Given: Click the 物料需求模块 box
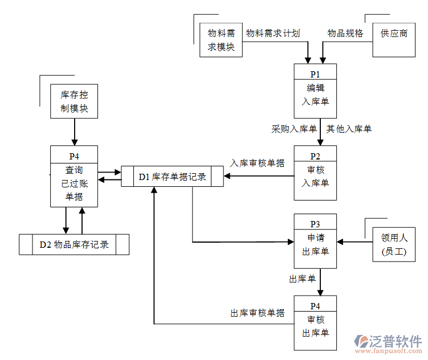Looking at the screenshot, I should pyautogui.click(x=221, y=40).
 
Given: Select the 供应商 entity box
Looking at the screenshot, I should pyautogui.click(x=394, y=40).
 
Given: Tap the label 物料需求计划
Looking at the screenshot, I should pyautogui.click(x=273, y=33).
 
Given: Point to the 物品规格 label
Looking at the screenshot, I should pyautogui.click(x=345, y=33).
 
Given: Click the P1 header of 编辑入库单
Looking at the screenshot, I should pyautogui.click(x=315, y=74).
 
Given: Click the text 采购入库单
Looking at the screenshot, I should pyautogui.click(x=294, y=129).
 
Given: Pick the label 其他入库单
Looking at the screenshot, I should pyautogui.click(x=349, y=129).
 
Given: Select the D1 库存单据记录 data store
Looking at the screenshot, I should pyautogui.click(x=173, y=177).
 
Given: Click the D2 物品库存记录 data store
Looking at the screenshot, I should pyautogui.click(x=74, y=245).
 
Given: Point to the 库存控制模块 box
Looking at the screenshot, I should pyautogui.click(x=74, y=101).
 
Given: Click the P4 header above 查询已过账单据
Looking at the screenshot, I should pyautogui.click(x=74, y=156).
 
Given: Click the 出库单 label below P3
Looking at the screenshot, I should pyautogui.click(x=302, y=279).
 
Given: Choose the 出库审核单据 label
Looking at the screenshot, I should pyautogui.click(x=257, y=313).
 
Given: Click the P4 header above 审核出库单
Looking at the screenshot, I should pyautogui.click(x=315, y=305).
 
